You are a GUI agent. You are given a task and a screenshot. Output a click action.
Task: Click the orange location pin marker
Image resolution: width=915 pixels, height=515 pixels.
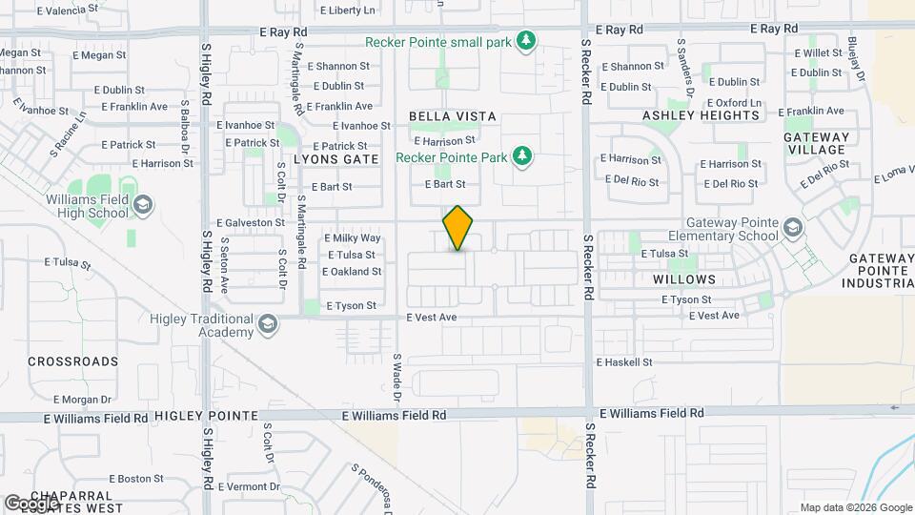click(458, 228)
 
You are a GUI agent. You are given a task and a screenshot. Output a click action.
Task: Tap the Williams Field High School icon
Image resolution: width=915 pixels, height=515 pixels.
click(142, 204)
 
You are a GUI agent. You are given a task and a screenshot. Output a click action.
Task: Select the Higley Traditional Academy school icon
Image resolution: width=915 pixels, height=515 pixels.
click(268, 324)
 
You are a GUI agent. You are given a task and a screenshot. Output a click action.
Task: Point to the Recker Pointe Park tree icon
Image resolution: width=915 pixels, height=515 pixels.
click(521, 155)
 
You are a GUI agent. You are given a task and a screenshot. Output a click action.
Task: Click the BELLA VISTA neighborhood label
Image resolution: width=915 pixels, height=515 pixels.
click(453, 116)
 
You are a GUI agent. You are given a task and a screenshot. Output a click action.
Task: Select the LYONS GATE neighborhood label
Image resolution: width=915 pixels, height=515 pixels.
click(335, 158)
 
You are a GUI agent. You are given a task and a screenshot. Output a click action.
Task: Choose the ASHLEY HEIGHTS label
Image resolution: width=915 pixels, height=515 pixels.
click(701, 115)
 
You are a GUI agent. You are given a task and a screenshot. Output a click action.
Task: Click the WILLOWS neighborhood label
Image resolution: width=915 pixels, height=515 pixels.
click(684, 279)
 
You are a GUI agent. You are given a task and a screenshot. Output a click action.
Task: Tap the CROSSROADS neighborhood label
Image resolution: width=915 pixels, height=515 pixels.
click(73, 361)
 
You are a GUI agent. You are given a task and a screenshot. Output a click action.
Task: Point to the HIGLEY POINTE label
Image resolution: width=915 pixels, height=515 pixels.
click(206, 416)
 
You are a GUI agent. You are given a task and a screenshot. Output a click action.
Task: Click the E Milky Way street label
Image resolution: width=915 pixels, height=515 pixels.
click(353, 237)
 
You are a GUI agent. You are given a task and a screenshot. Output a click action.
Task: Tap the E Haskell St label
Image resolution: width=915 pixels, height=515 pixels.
click(624, 362)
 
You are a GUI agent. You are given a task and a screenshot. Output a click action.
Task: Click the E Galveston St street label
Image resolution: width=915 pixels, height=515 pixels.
click(251, 222)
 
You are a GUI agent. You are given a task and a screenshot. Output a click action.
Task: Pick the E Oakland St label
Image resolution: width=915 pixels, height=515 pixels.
click(352, 271)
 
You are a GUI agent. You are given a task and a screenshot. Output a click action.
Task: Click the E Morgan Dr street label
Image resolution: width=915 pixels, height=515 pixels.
click(83, 399)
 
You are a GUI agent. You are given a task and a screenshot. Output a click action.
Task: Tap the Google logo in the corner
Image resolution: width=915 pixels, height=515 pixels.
click(30, 503)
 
